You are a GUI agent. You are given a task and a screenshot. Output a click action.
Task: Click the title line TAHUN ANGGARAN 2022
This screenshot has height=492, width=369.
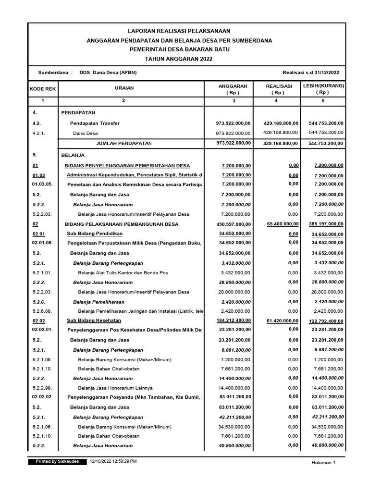tap(179, 59)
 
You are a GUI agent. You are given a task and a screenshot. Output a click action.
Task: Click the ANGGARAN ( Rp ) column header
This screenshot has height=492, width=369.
tap(233, 89)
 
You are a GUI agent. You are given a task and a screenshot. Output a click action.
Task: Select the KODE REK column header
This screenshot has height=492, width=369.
tap(43, 89)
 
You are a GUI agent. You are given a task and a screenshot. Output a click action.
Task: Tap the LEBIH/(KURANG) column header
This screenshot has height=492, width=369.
tap(323, 89)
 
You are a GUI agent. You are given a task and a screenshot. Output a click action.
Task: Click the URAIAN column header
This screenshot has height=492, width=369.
tap(124, 88)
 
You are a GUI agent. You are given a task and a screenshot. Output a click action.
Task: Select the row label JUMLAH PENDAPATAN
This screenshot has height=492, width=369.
tap(124, 143)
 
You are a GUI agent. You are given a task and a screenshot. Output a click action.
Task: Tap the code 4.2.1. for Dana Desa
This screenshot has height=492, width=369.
tap(39, 133)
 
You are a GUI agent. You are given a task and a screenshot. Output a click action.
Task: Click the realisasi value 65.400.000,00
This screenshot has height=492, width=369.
tap(282, 224)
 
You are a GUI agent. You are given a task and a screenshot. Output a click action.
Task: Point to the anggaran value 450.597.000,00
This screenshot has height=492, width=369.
tap(234, 224)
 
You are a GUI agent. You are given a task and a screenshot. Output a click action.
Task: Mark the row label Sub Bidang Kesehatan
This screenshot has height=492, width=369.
tap(94, 320)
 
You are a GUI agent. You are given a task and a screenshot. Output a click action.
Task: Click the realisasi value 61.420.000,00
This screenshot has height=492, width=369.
tap(282, 320)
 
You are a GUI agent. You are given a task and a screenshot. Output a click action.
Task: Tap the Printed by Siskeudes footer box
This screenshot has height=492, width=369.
tap(58, 461)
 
